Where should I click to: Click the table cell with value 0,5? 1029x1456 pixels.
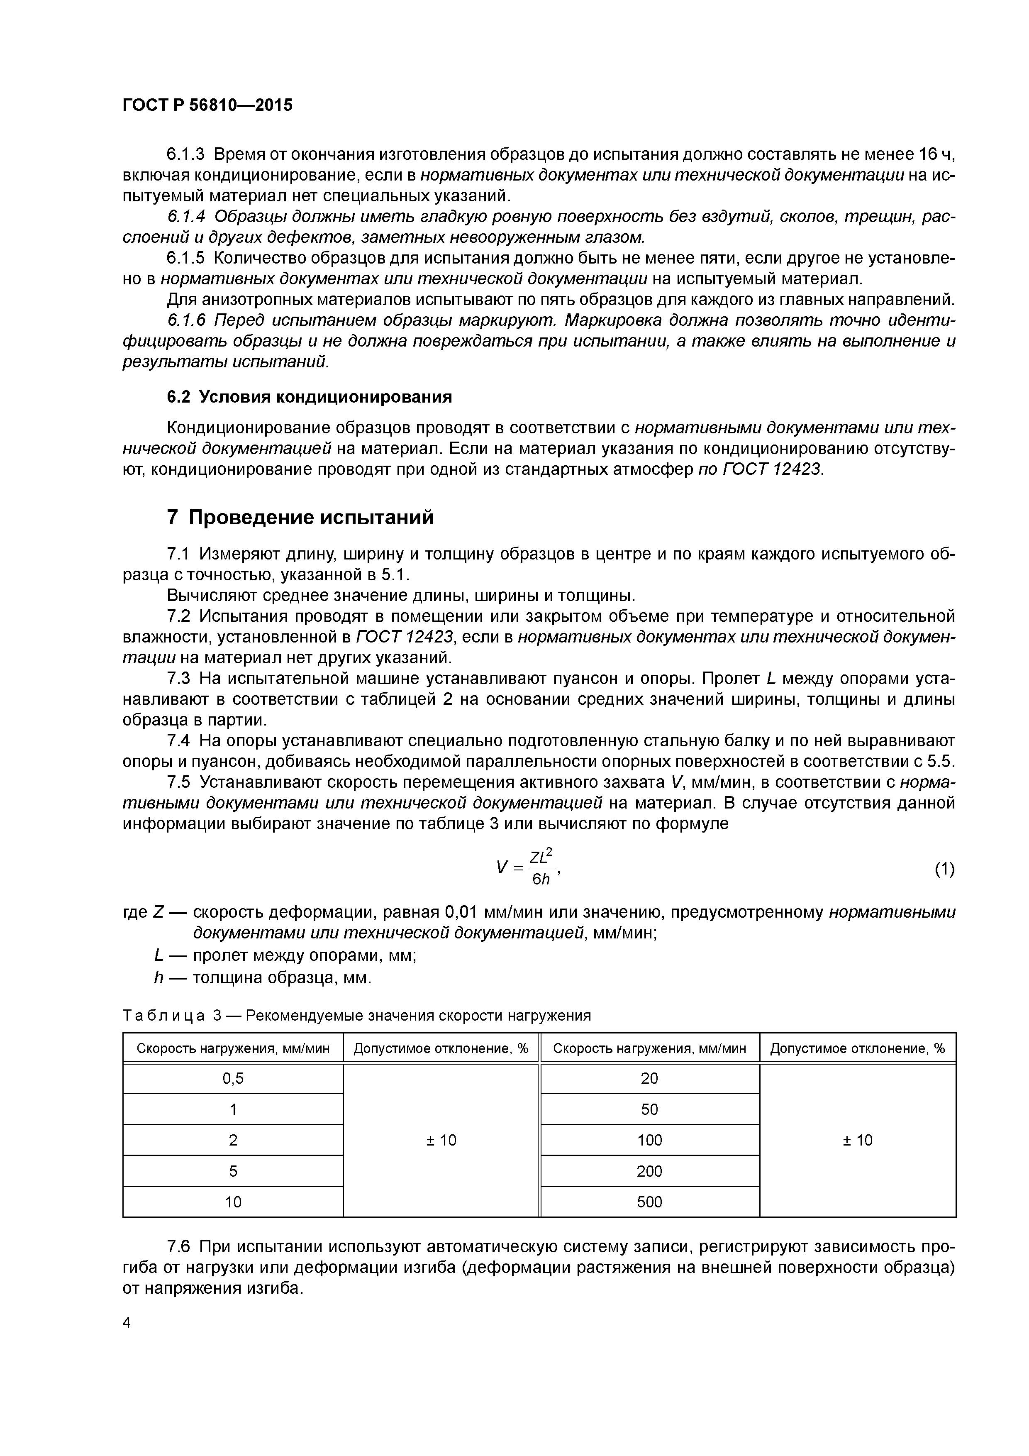pos(233,1078)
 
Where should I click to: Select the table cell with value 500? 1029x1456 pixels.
pos(649,1202)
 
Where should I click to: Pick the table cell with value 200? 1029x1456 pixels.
pos(649,1170)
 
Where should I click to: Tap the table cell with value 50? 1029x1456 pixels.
pos(649,1109)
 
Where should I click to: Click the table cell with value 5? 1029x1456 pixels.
pos(233,1170)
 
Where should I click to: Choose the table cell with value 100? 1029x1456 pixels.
pos(649,1140)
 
